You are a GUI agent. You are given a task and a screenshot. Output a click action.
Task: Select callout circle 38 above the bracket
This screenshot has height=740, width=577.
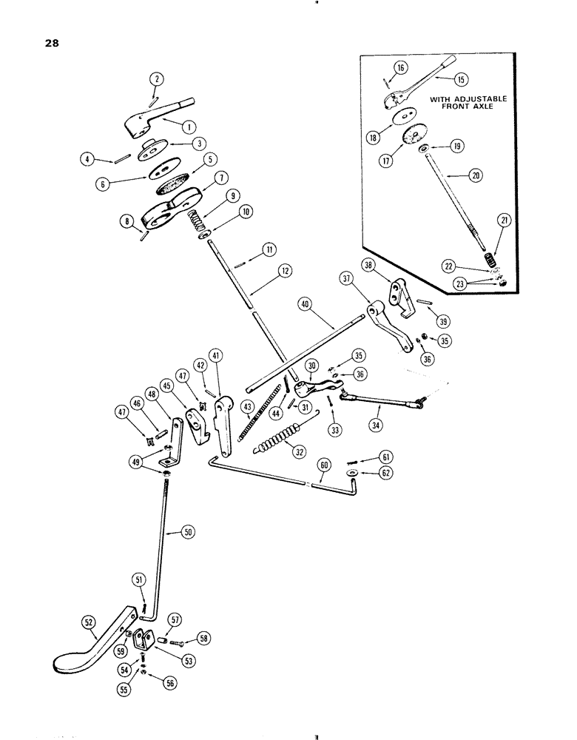[370, 264]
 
